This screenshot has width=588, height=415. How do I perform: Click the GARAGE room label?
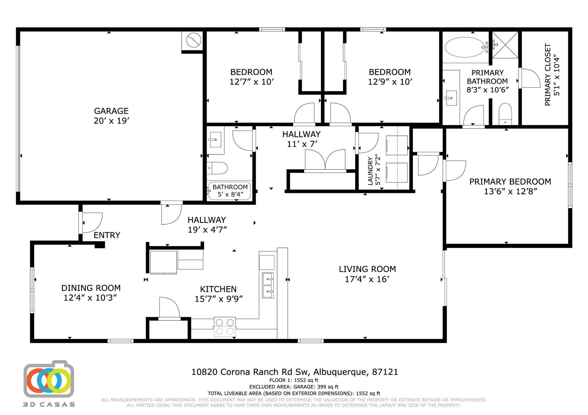111,111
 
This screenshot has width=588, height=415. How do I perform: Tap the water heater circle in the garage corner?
194,40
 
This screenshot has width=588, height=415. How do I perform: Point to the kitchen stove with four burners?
225,327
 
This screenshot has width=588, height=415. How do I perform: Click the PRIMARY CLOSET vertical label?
548,75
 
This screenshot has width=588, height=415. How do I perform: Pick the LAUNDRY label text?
370,171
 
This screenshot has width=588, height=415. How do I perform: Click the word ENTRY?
107,235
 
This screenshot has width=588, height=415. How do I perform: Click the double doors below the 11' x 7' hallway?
325,160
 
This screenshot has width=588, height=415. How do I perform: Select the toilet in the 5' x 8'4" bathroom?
217,168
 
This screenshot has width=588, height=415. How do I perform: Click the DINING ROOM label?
91,288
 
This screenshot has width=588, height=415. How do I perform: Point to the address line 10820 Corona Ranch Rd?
295,372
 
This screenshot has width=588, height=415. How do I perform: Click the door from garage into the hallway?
171,214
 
